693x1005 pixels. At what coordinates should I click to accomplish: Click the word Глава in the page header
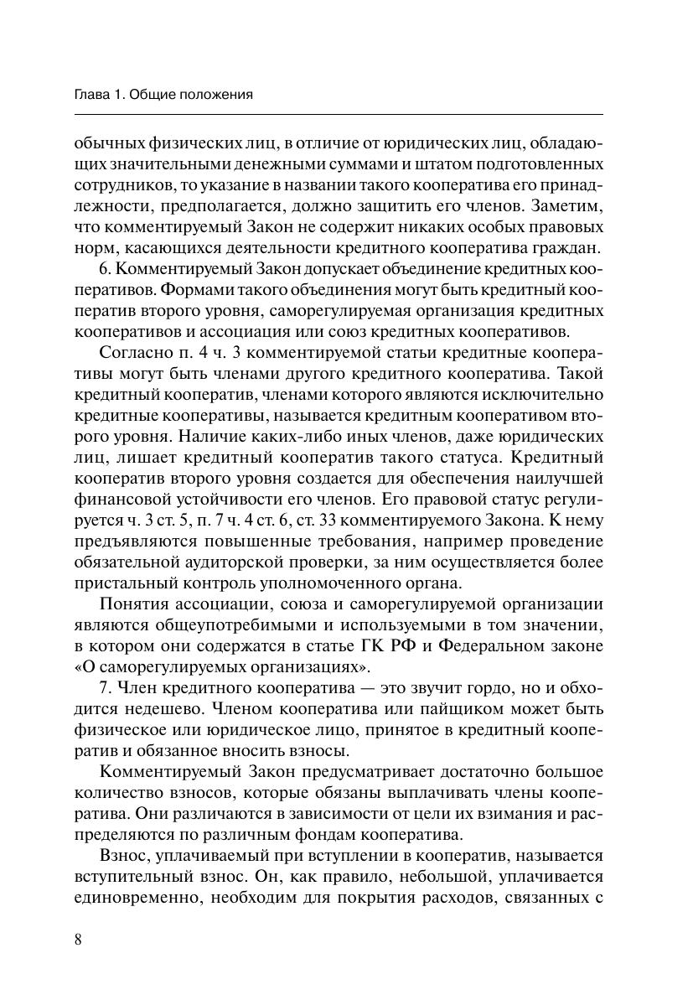[x=92, y=95]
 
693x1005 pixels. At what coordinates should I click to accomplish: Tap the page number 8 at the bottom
[x=78, y=939]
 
